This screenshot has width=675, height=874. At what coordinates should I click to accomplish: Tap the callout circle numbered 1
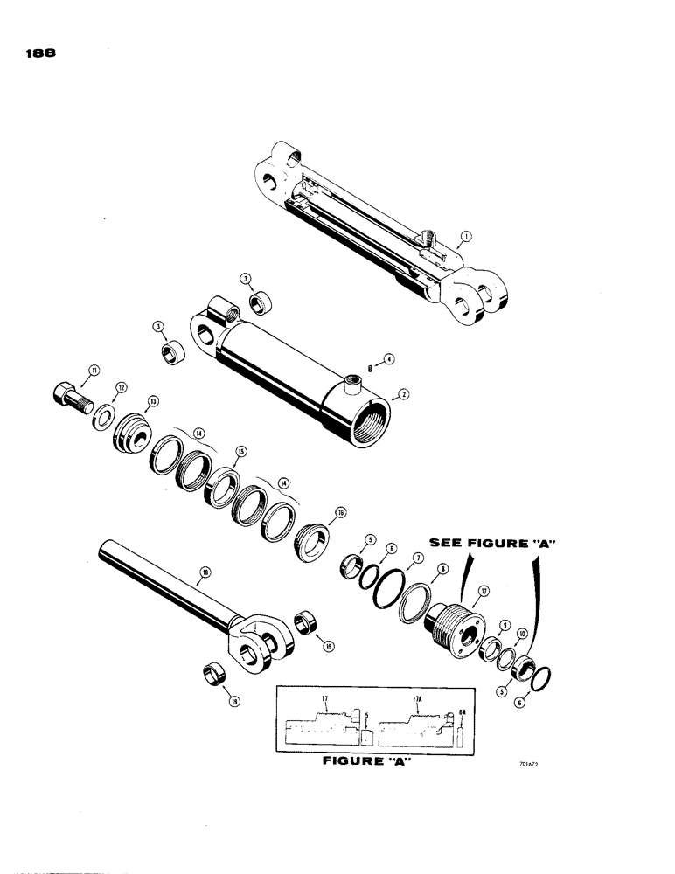pyautogui.click(x=468, y=236)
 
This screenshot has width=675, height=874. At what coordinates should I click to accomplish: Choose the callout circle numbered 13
pyautogui.click(x=152, y=401)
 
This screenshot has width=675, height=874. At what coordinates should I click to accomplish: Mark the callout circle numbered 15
pyautogui.click(x=240, y=451)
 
